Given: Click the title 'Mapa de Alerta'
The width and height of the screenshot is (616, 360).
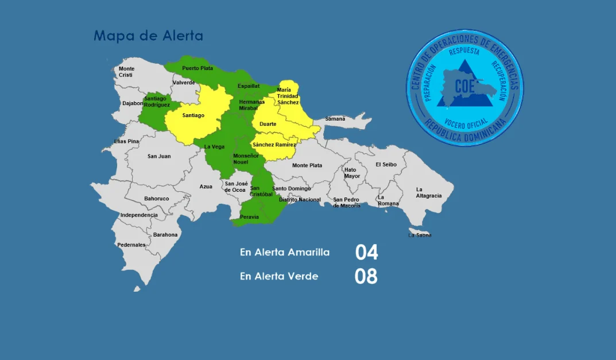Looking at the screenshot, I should [148, 36].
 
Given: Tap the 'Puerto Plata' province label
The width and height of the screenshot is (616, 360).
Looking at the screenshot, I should [197, 68].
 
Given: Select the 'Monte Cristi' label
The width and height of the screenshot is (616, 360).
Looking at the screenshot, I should [126, 72].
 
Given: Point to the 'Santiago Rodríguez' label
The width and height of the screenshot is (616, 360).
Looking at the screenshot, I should [157, 102].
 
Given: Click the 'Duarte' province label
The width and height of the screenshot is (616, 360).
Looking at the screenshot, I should [268, 124].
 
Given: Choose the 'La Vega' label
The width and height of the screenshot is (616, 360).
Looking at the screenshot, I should [214, 146].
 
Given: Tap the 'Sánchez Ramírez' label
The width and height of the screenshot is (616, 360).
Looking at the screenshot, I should [274, 145].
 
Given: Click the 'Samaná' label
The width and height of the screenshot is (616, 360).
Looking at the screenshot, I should [335, 119].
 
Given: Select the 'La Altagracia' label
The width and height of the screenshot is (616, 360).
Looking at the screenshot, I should [428, 192].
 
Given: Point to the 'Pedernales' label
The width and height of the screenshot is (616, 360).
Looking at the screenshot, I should [131, 245].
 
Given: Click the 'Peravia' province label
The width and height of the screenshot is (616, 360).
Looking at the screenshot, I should [249, 217].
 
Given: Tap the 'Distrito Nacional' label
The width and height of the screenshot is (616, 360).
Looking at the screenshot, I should [300, 200].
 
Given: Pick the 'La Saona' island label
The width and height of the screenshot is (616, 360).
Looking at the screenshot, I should [420, 235].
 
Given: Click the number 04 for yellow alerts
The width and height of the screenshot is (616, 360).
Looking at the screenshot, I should [366, 252].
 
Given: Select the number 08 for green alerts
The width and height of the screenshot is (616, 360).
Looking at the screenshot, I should [366, 276].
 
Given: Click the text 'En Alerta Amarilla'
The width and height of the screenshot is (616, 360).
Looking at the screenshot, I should [285, 252].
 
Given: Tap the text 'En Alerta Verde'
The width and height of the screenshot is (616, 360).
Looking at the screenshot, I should [279, 276].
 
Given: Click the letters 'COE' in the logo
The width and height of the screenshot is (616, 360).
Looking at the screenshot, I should [464, 87].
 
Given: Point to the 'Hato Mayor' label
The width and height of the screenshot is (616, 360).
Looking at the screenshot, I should [351, 173].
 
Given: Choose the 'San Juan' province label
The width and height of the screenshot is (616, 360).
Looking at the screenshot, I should [159, 156].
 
